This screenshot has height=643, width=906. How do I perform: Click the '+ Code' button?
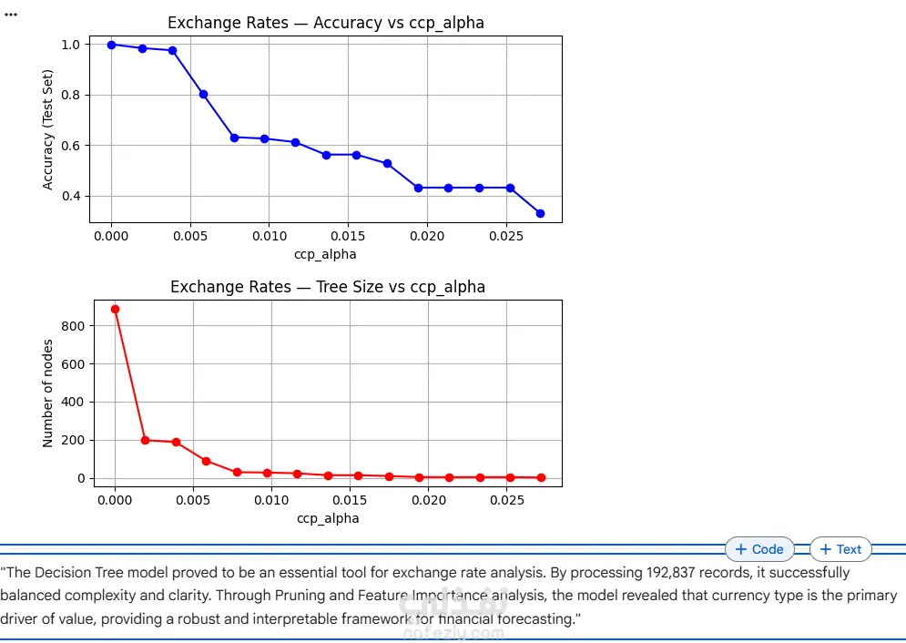759,549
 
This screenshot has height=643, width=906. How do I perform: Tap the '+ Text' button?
840,549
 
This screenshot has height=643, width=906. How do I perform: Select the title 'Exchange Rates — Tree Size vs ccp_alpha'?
328,287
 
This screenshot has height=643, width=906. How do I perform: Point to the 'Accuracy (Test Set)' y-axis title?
48,129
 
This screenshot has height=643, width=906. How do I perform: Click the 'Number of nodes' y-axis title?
48,393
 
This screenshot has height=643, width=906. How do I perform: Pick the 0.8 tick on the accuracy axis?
72,95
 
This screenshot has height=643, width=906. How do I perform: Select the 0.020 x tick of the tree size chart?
428,500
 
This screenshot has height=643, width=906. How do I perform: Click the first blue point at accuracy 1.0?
111,45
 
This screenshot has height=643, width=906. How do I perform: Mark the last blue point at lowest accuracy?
540,213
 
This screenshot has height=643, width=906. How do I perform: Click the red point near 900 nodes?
115,309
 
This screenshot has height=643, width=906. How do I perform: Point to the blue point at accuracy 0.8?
203,94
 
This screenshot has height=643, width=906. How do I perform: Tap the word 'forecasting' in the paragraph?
536,618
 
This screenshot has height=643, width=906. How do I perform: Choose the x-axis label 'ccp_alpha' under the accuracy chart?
325,254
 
